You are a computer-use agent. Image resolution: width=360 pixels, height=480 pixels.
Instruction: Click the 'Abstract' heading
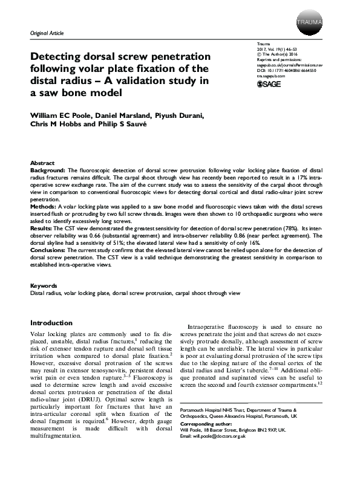[41, 164]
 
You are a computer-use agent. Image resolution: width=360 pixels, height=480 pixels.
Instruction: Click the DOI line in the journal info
[289, 70]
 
